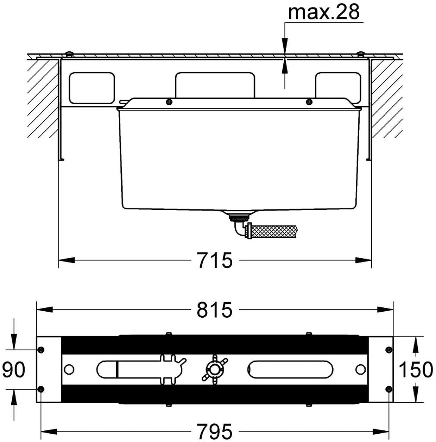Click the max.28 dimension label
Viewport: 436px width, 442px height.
pyautogui.click(x=323, y=12)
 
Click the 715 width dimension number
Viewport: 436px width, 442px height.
pyautogui.click(x=215, y=260)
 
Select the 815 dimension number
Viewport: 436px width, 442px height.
pyautogui.click(x=215, y=309)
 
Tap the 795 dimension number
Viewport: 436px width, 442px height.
pyautogui.click(x=215, y=431)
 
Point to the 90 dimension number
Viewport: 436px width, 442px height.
pyautogui.click(x=13, y=369)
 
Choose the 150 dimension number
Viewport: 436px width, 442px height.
pyautogui.click(x=416, y=369)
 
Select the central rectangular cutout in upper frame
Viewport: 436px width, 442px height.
pyautogui.click(x=215, y=85)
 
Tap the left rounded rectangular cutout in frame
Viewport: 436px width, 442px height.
pyautogui.click(x=92, y=88)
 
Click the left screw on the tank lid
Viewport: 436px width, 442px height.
pyautogui.click(x=169, y=102)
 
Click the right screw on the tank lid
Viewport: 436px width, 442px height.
pyautogui.click(x=309, y=102)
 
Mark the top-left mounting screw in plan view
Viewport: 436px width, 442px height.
pyautogui.click(x=41, y=350)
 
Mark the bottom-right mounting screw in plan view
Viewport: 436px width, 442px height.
pyautogui.click(x=389, y=389)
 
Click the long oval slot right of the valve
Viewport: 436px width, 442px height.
pyautogui.click(x=290, y=369)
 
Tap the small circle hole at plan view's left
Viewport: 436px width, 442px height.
pyautogui.click(x=69, y=369)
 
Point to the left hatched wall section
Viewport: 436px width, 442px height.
pyautogui.click(x=43, y=99)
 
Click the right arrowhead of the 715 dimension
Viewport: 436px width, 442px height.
pyautogui.click(x=363, y=260)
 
